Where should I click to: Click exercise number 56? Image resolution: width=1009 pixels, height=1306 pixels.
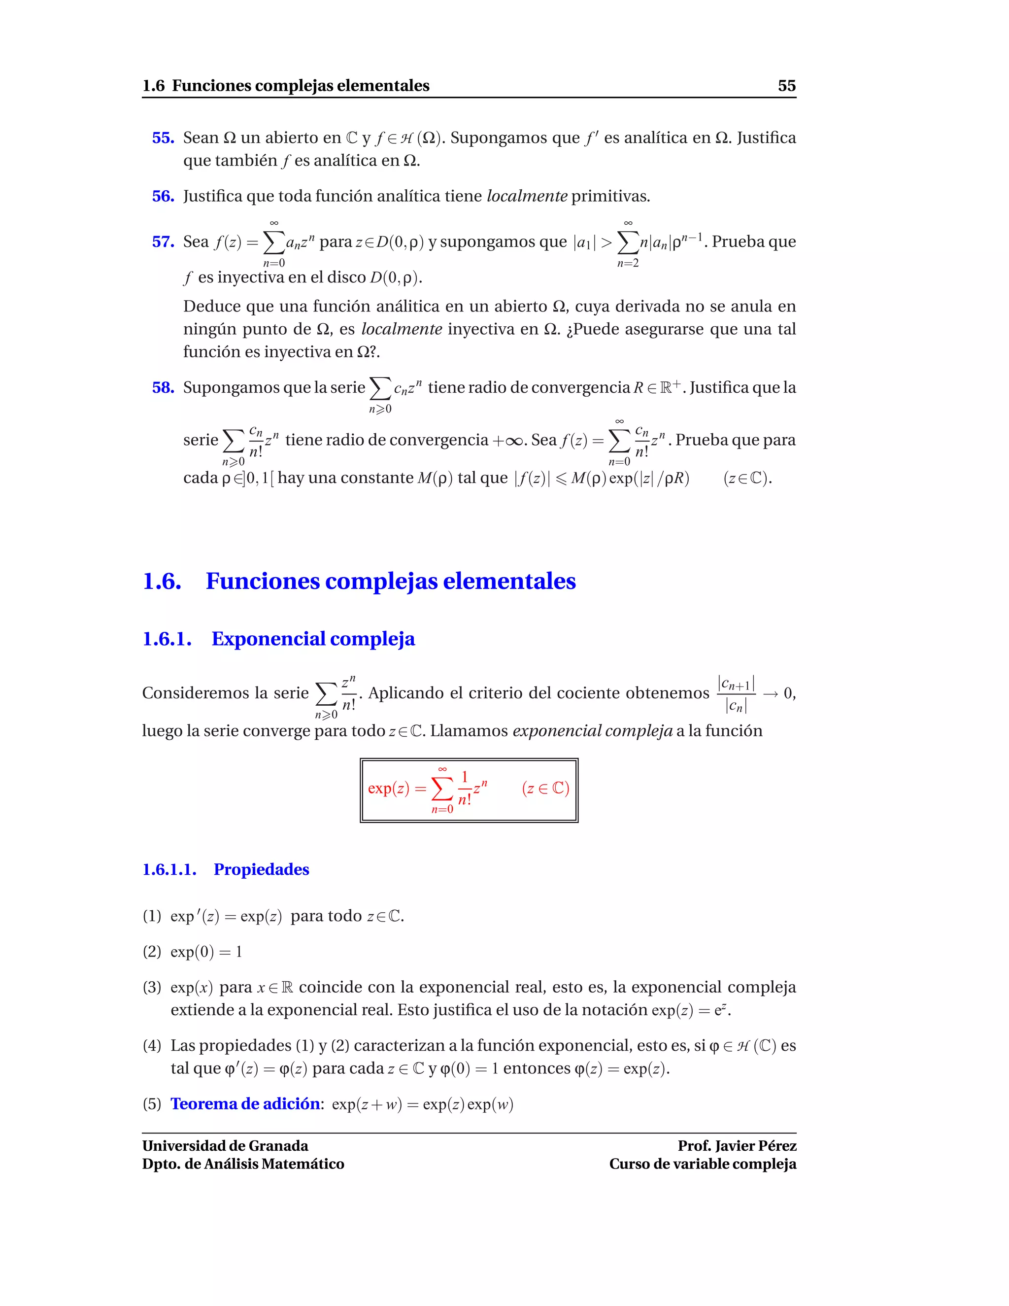(163, 196)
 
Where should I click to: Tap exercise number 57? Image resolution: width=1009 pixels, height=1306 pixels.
(163, 241)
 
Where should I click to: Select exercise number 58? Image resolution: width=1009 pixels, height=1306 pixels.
(163, 387)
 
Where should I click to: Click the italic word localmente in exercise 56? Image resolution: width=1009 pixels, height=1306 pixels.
(527, 196)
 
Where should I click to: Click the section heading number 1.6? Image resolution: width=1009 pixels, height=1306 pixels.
(162, 581)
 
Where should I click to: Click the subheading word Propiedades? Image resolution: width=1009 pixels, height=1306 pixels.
(261, 869)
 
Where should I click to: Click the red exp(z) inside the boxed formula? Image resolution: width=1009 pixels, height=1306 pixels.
(389, 789)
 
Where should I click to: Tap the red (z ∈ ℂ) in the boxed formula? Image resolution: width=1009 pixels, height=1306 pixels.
(545, 789)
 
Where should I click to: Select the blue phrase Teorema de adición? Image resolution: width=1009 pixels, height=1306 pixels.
(245, 1104)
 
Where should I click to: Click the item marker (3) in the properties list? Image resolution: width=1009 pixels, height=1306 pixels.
(152, 987)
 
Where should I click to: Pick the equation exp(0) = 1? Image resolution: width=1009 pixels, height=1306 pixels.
(206, 952)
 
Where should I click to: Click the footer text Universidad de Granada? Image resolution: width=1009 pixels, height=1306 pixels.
(225, 1146)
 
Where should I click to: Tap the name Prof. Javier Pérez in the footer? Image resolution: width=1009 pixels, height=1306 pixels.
(737, 1146)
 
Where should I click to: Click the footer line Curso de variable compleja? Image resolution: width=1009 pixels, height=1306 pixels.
(703, 1164)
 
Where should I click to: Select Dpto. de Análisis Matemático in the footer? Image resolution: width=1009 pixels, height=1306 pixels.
(243, 1164)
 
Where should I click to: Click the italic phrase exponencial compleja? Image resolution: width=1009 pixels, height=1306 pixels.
(592, 731)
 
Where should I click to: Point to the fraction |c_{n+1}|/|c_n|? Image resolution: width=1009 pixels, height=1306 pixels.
(736, 694)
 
